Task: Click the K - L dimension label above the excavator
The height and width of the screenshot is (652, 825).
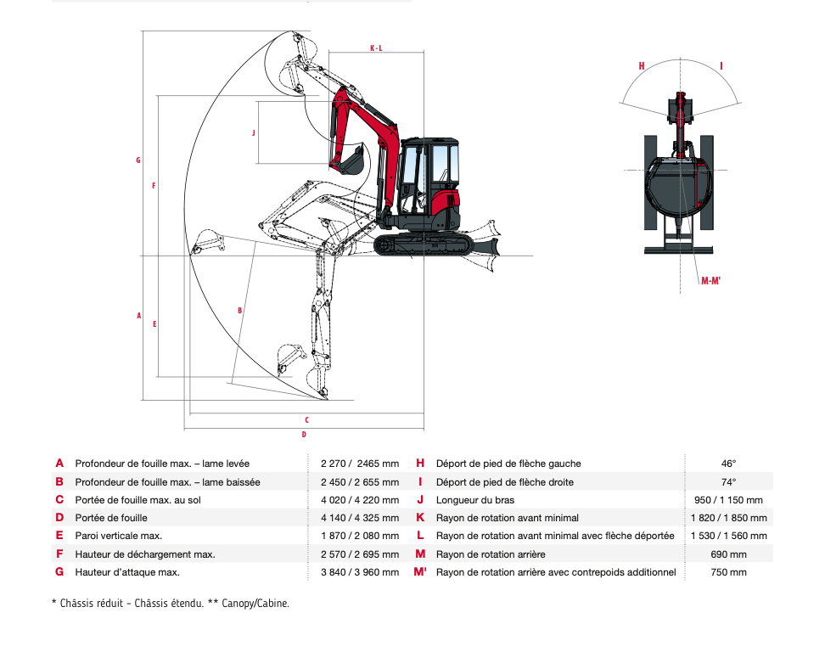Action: (376, 48)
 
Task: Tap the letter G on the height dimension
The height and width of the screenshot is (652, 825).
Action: (138, 160)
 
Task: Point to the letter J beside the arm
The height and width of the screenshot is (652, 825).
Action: (253, 133)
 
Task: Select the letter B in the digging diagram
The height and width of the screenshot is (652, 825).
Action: (240, 311)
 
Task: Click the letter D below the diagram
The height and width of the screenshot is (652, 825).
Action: (304, 435)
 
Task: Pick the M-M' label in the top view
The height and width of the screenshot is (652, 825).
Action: (710, 281)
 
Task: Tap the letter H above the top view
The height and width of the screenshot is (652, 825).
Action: (642, 65)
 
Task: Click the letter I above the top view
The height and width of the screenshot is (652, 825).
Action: (721, 65)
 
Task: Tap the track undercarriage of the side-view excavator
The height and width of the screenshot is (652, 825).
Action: (423, 245)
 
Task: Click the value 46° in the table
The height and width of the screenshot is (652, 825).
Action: (728, 464)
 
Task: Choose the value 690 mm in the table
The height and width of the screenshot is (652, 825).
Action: (728, 554)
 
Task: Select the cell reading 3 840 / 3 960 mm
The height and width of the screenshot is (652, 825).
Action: (359, 572)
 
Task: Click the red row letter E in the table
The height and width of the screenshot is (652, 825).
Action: (59, 536)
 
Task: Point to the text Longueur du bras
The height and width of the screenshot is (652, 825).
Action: (474, 500)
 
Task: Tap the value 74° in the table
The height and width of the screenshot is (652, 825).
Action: (728, 482)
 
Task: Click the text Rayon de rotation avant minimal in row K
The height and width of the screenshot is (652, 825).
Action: (507, 518)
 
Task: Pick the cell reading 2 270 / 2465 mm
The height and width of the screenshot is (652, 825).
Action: (359, 464)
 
